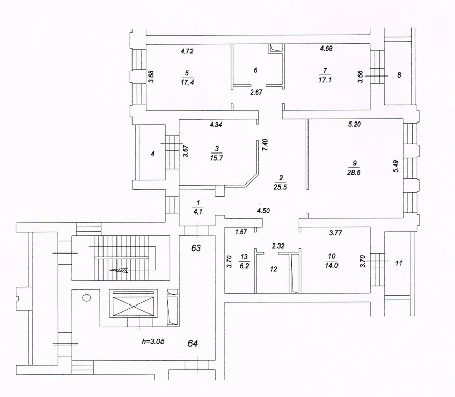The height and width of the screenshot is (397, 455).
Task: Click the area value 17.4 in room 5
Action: (188, 82)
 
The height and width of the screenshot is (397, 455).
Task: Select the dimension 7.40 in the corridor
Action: (265, 144)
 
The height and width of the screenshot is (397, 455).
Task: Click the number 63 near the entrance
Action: (196, 248)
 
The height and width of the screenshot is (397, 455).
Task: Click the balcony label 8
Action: (398, 75)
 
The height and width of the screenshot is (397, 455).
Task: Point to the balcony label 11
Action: (398, 263)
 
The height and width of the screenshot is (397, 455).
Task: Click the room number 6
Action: (255, 69)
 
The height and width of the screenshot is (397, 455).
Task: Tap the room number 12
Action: (274, 269)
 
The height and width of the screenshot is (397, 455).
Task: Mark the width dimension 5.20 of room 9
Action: (355, 125)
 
